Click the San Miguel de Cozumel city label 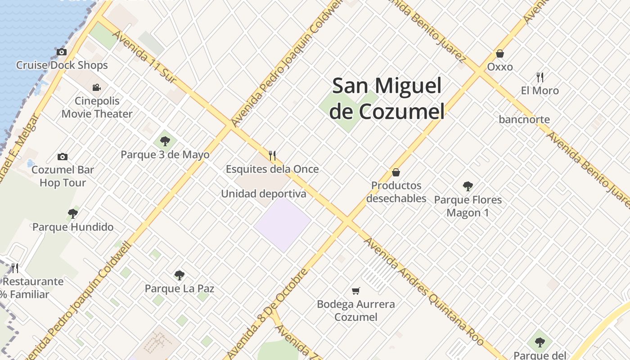(387, 99)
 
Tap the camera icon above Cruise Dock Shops (62, 52)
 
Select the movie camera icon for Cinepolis (96, 87)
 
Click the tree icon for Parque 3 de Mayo (165, 141)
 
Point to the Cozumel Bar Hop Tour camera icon (63, 157)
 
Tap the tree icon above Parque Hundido (73, 214)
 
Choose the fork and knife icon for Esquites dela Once (272, 156)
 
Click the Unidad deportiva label (263, 194)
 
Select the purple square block (283, 224)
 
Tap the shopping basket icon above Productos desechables (396, 172)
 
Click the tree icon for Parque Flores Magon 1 (468, 186)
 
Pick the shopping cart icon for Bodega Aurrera (356, 291)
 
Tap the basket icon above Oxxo (500, 54)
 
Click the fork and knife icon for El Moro (540, 77)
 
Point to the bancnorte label (524, 119)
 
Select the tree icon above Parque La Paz (180, 275)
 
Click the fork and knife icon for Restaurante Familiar (15, 268)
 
